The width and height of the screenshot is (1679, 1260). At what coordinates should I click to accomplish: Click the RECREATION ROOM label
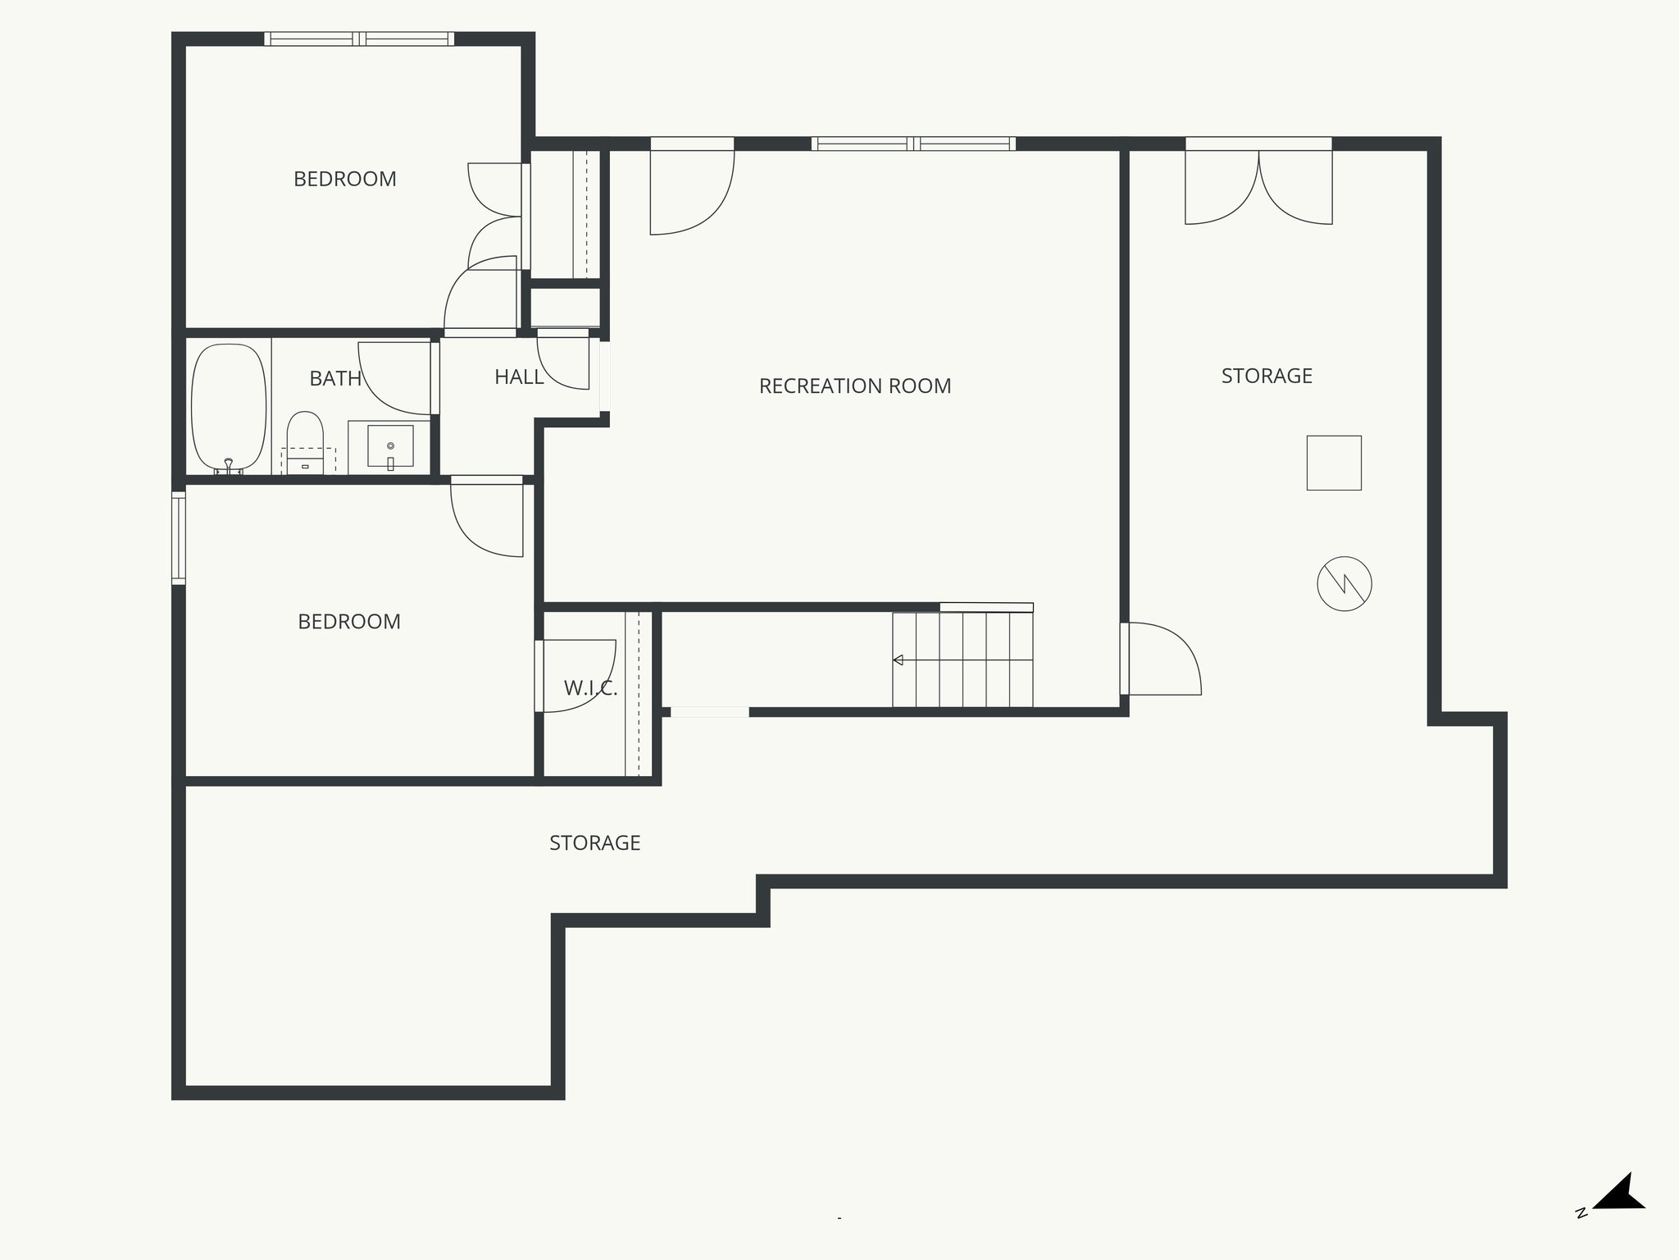(x=855, y=386)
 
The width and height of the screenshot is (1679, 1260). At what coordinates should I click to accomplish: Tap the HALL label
(x=519, y=377)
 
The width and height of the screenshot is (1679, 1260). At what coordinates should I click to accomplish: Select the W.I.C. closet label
(x=590, y=688)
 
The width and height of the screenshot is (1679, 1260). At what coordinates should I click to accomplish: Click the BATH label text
(x=335, y=378)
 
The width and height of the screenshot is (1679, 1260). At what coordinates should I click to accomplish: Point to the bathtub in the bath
(x=229, y=408)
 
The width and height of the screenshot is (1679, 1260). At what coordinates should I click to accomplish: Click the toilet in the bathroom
(x=305, y=435)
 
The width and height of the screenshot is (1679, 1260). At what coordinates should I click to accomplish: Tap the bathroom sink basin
(x=390, y=446)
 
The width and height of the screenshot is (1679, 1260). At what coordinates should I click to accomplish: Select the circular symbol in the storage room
(x=1344, y=583)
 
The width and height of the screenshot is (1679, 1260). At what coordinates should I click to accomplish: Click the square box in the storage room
(x=1333, y=463)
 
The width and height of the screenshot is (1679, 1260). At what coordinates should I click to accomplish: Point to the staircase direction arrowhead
(x=899, y=660)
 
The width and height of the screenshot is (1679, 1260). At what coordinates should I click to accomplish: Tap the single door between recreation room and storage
(x=1163, y=659)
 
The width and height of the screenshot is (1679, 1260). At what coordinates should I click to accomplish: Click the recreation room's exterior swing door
(x=691, y=193)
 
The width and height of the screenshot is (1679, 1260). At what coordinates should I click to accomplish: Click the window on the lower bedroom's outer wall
(x=178, y=537)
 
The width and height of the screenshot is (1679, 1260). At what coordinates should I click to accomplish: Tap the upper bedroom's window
(x=358, y=39)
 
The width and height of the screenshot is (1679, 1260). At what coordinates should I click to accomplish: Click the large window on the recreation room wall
(x=913, y=144)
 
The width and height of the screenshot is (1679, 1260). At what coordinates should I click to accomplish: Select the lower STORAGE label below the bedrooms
(x=594, y=842)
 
